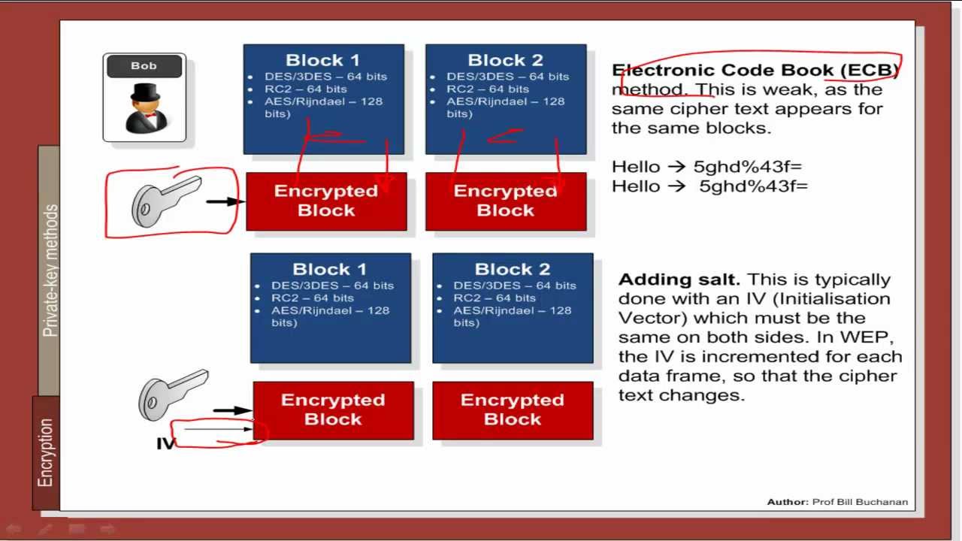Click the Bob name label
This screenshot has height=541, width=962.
(144, 66)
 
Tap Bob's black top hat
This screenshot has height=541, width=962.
(144, 93)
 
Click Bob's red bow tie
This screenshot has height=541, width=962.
(150, 116)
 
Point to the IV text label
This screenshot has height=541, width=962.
(165, 444)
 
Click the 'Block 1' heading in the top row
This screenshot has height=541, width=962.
(322, 60)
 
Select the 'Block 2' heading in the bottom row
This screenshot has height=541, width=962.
(513, 269)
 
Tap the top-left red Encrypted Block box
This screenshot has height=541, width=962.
(326, 201)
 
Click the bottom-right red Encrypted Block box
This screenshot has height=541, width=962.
(513, 410)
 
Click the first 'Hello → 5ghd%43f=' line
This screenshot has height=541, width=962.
(706, 167)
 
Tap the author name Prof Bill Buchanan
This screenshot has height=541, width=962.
(860, 502)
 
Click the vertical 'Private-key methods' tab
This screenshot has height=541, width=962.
(50, 270)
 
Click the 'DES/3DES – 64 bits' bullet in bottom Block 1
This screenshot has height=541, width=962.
(332, 286)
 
